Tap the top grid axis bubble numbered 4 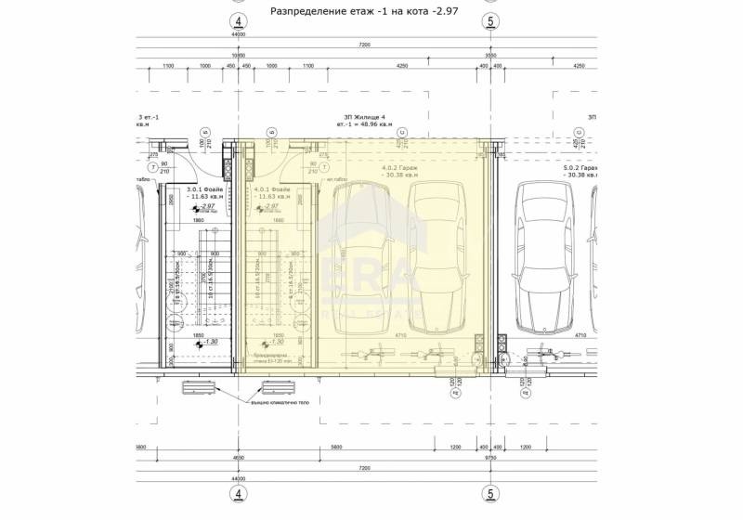(239, 20)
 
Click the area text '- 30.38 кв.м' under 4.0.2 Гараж (400, 175)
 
